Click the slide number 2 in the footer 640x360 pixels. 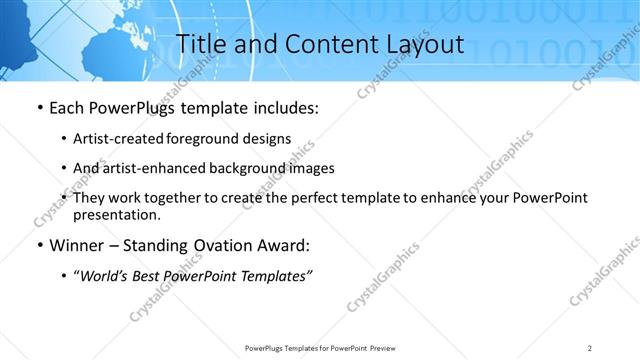[x=590, y=347]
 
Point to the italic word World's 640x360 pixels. [x=102, y=276]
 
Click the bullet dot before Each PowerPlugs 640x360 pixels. [x=38, y=107]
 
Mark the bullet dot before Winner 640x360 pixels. [x=38, y=245]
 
